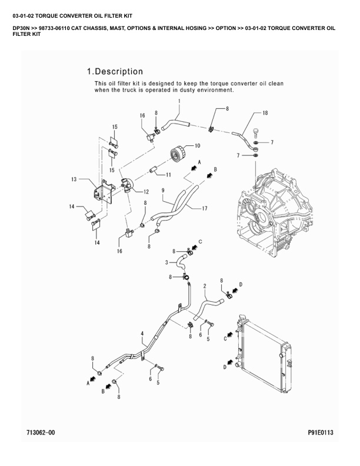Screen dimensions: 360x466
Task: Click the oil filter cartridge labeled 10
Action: coord(178,154)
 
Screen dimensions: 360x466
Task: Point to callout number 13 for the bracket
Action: coord(74,179)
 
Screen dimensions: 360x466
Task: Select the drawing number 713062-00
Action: coord(41,432)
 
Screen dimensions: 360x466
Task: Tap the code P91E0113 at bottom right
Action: coord(321,432)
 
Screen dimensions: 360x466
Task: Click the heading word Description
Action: coord(119,72)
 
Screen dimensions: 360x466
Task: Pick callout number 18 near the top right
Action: coord(265,112)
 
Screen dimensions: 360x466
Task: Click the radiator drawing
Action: coord(263,353)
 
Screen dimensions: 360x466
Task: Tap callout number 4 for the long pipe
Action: coord(142,334)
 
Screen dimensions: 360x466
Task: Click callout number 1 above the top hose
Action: coord(179,101)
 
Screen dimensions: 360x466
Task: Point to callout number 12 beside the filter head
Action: coord(146,192)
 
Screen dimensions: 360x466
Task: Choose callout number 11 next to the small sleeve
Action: coord(168,175)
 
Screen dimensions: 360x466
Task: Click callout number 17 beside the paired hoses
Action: coord(205,208)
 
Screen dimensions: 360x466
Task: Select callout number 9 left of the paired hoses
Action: coord(163,190)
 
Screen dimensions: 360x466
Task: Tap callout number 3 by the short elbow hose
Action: coord(166,262)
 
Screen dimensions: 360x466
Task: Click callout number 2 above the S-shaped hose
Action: coord(205,286)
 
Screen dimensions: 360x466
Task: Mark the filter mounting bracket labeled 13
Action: coord(104,192)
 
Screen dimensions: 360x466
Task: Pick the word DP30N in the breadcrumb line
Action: coord(20,28)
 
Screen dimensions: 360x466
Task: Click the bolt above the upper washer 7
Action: coord(255,132)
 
